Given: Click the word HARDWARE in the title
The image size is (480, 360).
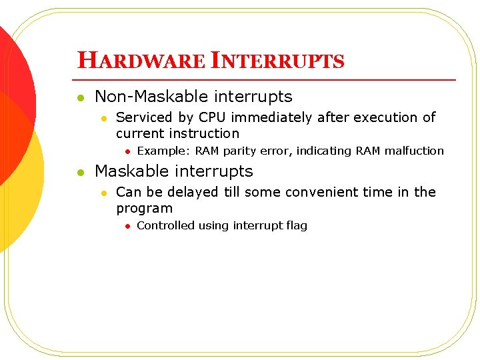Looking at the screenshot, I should pyautogui.click(x=141, y=61).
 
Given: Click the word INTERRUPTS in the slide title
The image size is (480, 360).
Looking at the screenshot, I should pyautogui.click(x=277, y=61).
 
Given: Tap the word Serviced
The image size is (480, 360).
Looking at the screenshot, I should pyautogui.click(x=143, y=117).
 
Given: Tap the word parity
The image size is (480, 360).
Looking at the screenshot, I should pyautogui.click(x=241, y=151).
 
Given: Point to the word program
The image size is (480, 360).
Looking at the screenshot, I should pyautogui.click(x=144, y=209).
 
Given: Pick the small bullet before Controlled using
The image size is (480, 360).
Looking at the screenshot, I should pyautogui.click(x=127, y=226).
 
